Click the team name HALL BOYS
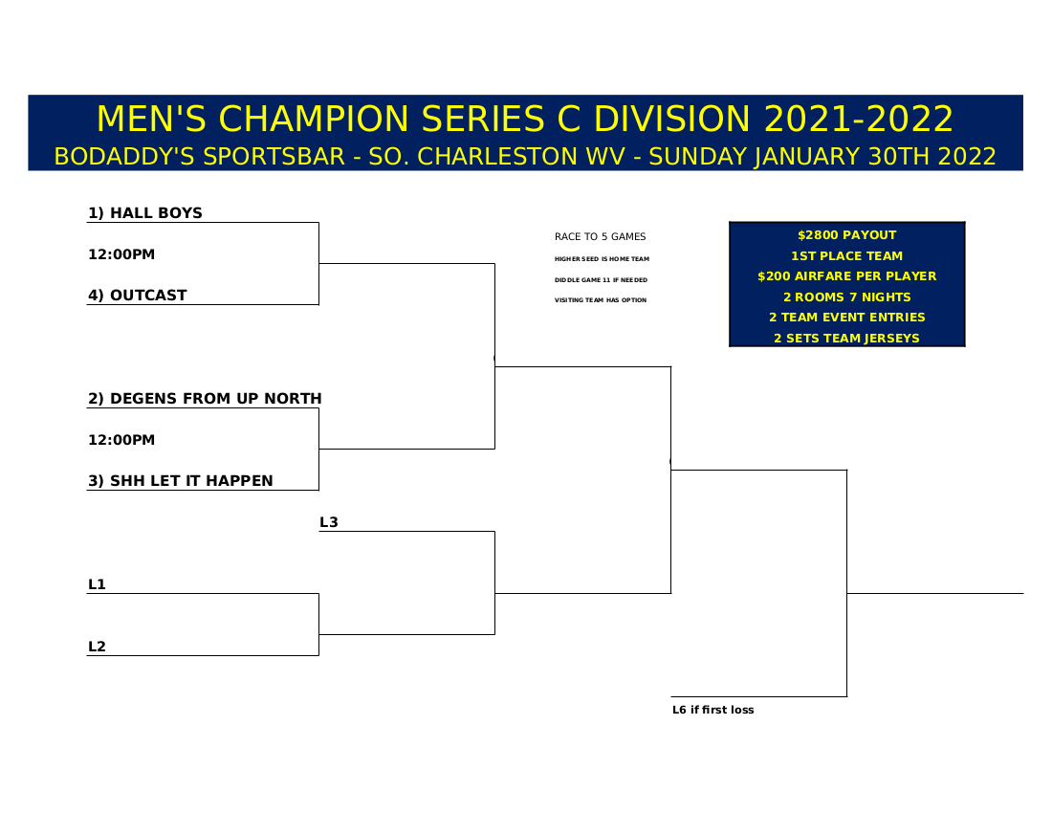[156, 212]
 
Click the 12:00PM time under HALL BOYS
[121, 254]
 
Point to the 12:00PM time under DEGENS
[121, 440]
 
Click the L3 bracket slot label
[329, 522]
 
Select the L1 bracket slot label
[98, 584]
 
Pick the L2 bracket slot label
[98, 647]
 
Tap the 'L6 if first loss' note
[713, 710]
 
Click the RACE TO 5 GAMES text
[600, 236]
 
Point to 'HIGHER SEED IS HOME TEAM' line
[602, 259]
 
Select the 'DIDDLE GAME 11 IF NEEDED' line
[602, 279]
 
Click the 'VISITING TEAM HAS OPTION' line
[601, 299]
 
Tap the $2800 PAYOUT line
[846, 234]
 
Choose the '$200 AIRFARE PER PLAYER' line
[846, 275]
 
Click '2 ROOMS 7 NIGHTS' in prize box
[846, 297]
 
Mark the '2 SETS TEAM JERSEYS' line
[846, 338]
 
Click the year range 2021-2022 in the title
[858, 119]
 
